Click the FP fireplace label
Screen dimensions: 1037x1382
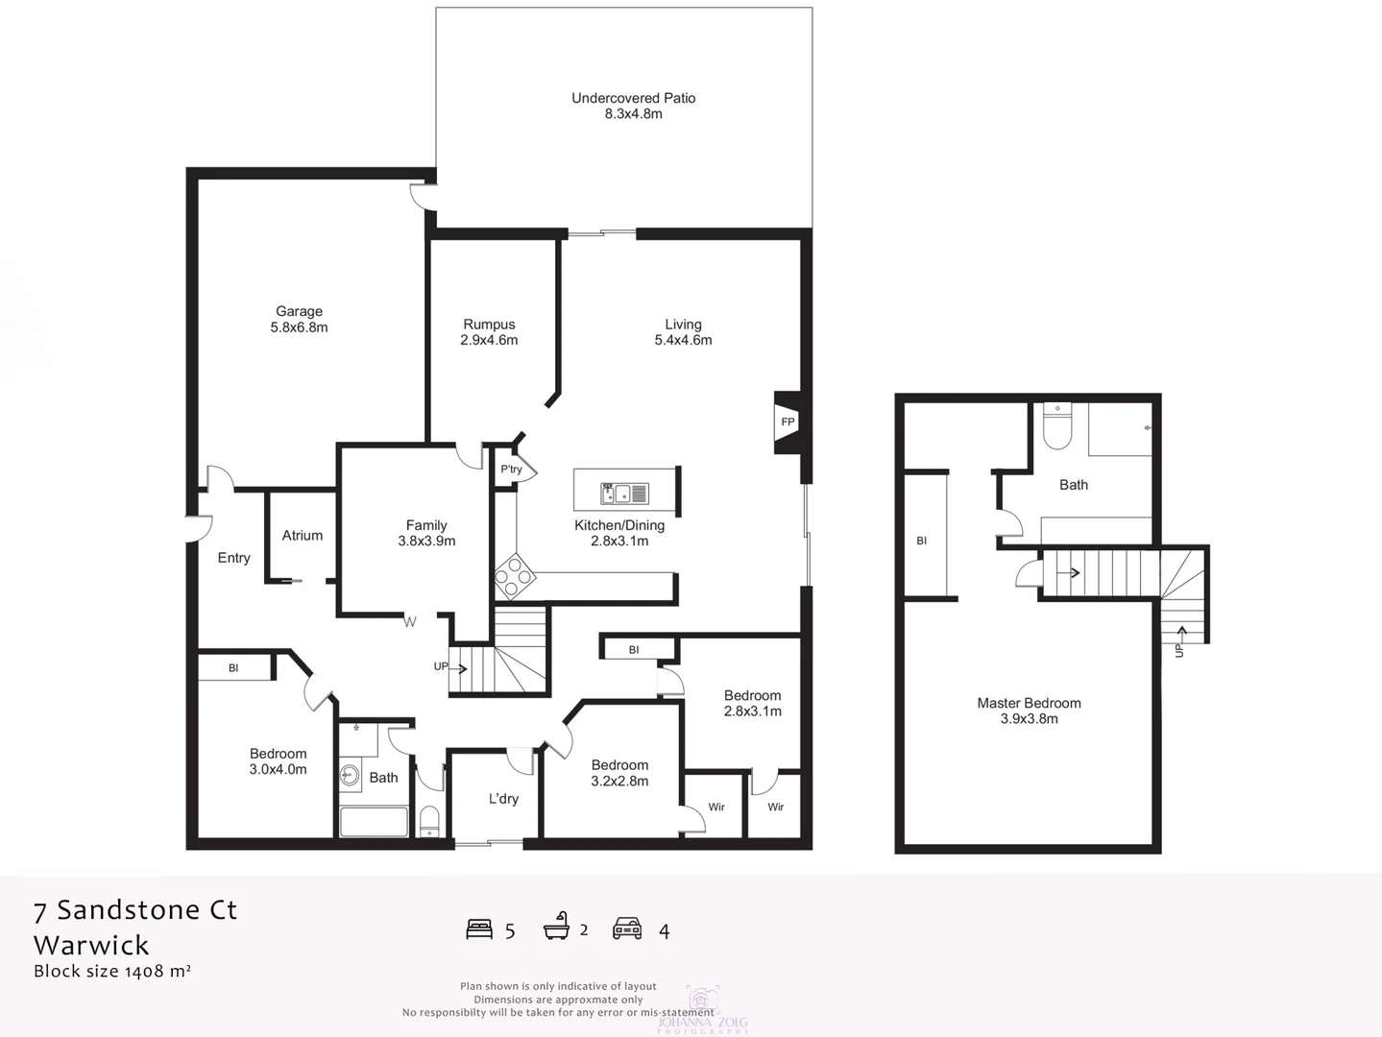point(788,422)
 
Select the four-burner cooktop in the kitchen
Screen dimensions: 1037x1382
point(514,576)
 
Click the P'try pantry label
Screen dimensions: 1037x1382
point(511,470)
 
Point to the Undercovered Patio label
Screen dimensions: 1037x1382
point(633,98)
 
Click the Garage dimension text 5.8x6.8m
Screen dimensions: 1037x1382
point(299,327)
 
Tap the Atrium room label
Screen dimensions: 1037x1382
point(302,536)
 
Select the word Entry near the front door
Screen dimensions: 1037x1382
point(233,558)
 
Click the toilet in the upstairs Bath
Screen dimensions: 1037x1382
point(1057,427)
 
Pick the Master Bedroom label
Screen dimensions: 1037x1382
point(1029,703)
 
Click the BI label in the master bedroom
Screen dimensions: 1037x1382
point(921,542)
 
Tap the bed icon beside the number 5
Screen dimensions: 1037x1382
point(479,929)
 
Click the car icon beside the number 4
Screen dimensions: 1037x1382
point(627,928)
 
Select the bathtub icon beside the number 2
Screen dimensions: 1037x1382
point(556,928)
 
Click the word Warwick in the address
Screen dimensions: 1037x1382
point(91,945)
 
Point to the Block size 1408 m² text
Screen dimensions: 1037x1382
point(112,971)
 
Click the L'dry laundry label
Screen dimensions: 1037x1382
point(503,799)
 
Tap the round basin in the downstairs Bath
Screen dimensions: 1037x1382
point(350,775)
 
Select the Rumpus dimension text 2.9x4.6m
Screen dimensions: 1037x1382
point(489,340)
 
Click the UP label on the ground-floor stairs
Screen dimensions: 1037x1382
point(440,666)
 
